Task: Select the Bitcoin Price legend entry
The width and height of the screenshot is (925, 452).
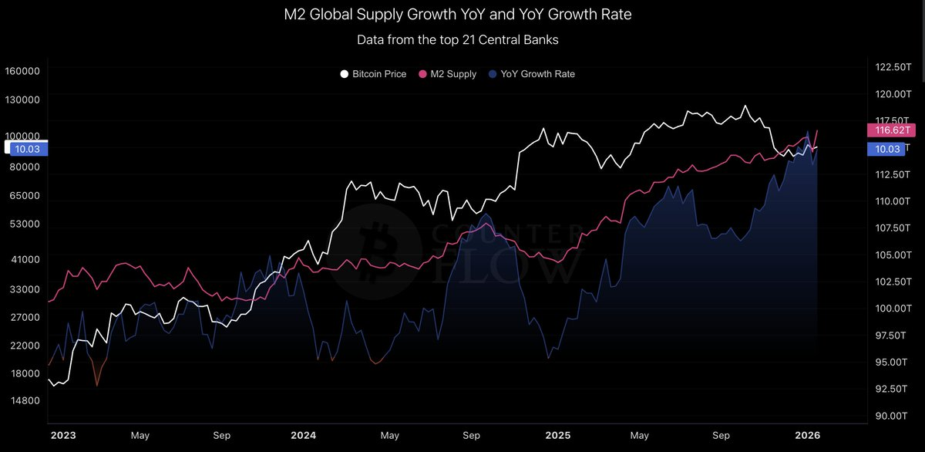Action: [x=373, y=74]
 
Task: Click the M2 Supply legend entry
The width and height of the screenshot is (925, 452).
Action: [x=447, y=74]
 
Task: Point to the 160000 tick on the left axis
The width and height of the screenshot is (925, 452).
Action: [x=22, y=71]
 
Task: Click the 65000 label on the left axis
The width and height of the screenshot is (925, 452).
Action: [x=25, y=196]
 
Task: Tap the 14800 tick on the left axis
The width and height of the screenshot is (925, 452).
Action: [x=25, y=401]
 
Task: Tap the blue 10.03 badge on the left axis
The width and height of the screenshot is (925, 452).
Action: [x=25, y=149]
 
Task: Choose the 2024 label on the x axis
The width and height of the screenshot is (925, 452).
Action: [x=304, y=436]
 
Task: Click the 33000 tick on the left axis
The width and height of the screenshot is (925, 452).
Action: [x=25, y=289]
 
